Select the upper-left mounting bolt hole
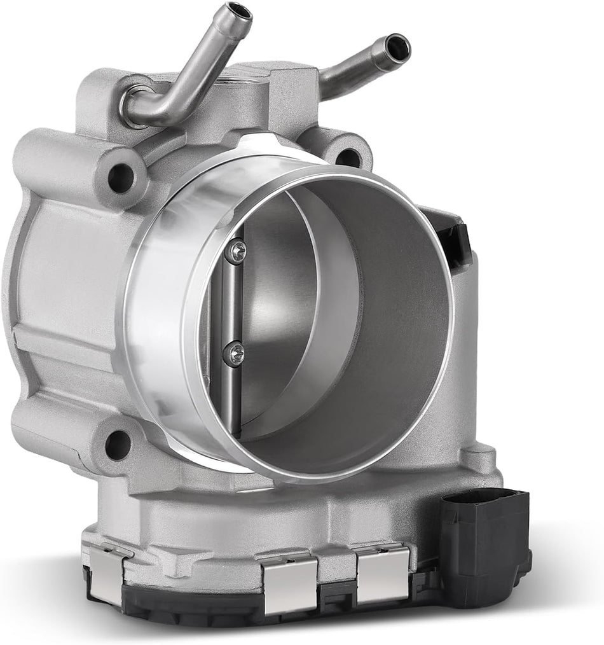coord(120,177)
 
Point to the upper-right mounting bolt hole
coord(348,156)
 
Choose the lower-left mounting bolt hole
coord(117,444)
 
